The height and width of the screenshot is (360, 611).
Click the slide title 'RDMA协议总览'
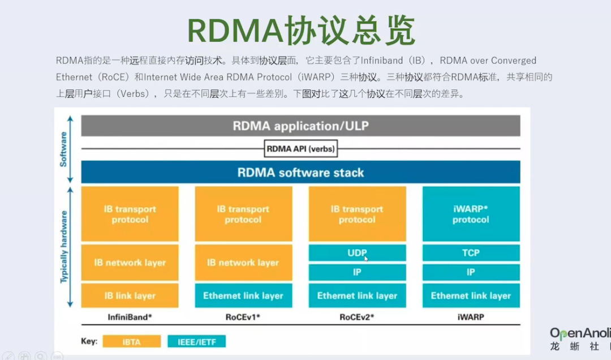click(301, 31)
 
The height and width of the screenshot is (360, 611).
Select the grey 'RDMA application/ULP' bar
click(300, 126)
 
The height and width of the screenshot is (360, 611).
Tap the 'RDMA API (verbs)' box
click(300, 149)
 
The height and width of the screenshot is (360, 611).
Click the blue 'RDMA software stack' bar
click(300, 172)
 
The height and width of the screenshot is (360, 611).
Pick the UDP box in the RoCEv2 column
click(357, 252)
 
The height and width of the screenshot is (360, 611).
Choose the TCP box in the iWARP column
click(471, 252)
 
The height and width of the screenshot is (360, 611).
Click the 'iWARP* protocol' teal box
click(471, 214)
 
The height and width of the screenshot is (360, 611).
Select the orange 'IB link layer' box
click(130, 295)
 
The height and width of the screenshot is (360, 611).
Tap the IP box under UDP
click(357, 272)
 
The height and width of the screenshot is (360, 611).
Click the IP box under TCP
click(471, 272)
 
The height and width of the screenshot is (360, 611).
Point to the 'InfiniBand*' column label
click(130, 317)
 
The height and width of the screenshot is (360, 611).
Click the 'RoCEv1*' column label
click(243, 317)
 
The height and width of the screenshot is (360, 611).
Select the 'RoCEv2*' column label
click(357, 317)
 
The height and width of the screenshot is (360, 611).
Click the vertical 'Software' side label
click(63, 149)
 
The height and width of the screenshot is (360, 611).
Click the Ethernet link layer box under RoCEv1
click(243, 295)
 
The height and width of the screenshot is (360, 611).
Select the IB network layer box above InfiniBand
click(130, 263)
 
